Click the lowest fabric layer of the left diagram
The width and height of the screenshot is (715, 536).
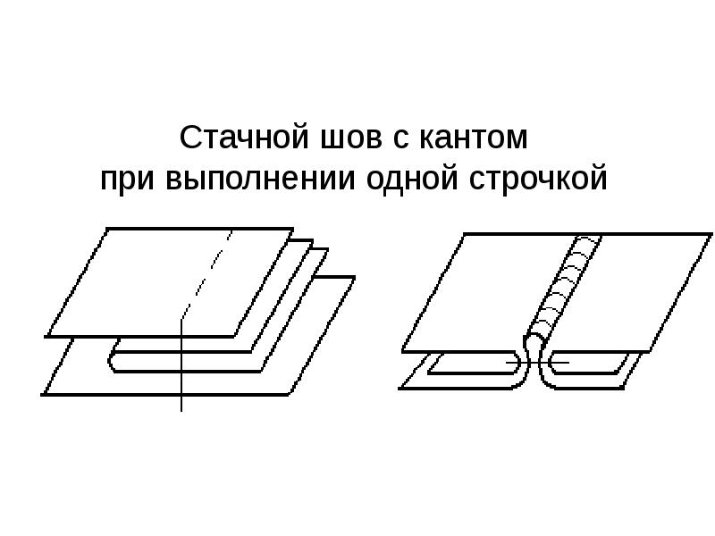[80, 380]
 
